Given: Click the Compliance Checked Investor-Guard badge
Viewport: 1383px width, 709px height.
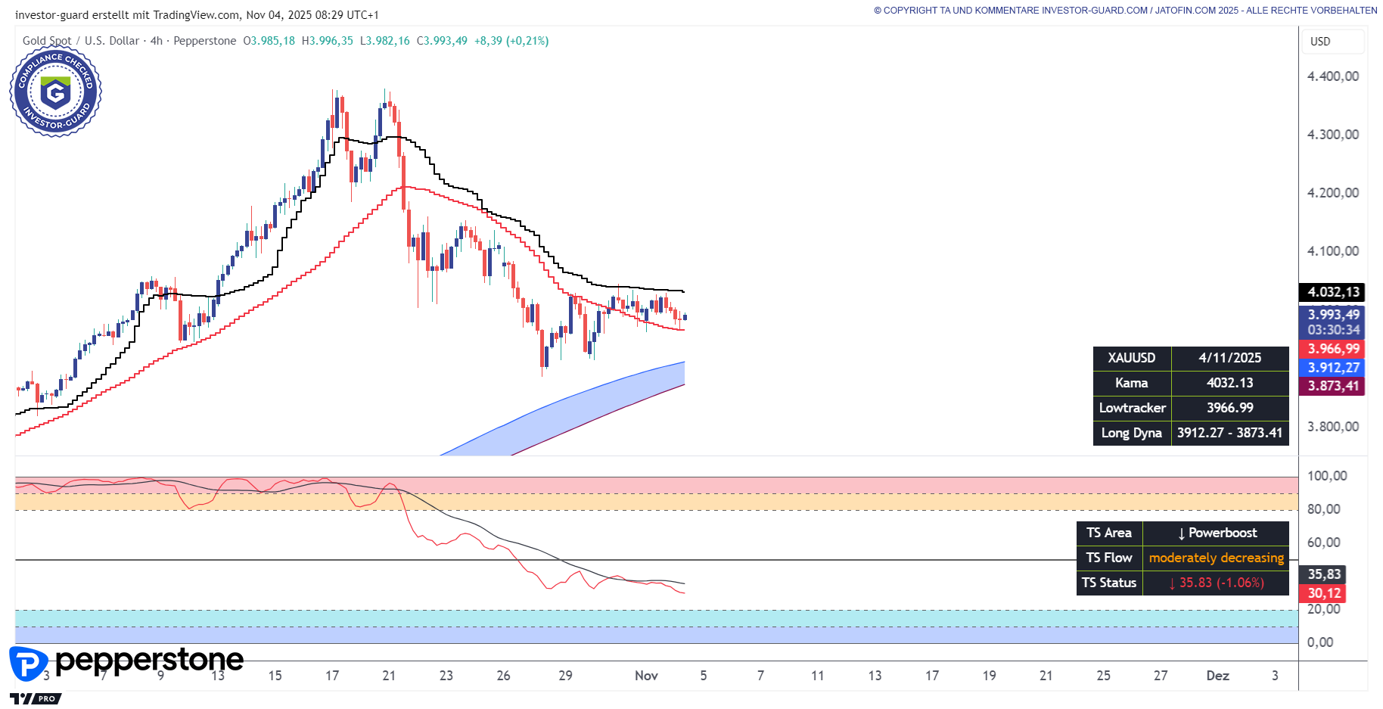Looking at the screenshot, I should [55, 92].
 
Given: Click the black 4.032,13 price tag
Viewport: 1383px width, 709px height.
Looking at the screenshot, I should [1333, 292].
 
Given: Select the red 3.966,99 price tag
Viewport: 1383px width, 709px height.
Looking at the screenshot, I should [1333, 349].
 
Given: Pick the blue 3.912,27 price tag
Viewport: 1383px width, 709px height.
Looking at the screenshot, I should [1333, 368].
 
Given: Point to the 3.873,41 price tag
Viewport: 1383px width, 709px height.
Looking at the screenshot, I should [1333, 386].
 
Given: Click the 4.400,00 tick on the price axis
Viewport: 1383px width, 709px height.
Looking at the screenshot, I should [1333, 76].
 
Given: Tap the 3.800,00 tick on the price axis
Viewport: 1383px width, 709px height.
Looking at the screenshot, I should [1333, 427].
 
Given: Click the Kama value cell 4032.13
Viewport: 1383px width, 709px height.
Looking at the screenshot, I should [1229, 383].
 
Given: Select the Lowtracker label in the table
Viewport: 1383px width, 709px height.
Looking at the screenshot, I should [1132, 408].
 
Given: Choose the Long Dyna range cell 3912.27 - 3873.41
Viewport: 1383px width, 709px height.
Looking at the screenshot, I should [1229, 433].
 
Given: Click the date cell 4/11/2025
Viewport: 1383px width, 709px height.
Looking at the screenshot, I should [1229, 358].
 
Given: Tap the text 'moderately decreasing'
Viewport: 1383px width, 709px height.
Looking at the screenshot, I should [1216, 558].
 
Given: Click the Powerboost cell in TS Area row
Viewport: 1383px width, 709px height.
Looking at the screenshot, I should [1217, 533].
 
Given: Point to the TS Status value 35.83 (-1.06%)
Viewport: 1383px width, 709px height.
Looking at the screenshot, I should [1216, 583].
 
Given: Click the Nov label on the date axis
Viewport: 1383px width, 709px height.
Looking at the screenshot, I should [646, 676].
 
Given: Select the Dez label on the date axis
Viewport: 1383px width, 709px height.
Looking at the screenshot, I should [1217, 676].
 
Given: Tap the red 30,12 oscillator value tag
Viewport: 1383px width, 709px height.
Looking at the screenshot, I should [1324, 593].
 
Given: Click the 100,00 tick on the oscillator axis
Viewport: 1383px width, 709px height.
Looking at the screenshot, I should [1327, 476].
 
